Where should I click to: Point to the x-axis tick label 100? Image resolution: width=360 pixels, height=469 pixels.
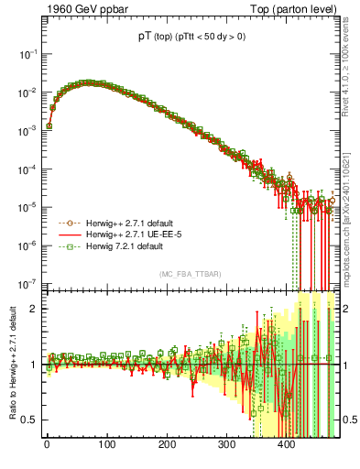click(106, 449)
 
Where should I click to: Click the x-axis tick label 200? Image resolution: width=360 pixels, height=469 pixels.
click(167, 449)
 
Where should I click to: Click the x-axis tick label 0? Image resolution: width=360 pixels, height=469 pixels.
click(47, 449)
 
